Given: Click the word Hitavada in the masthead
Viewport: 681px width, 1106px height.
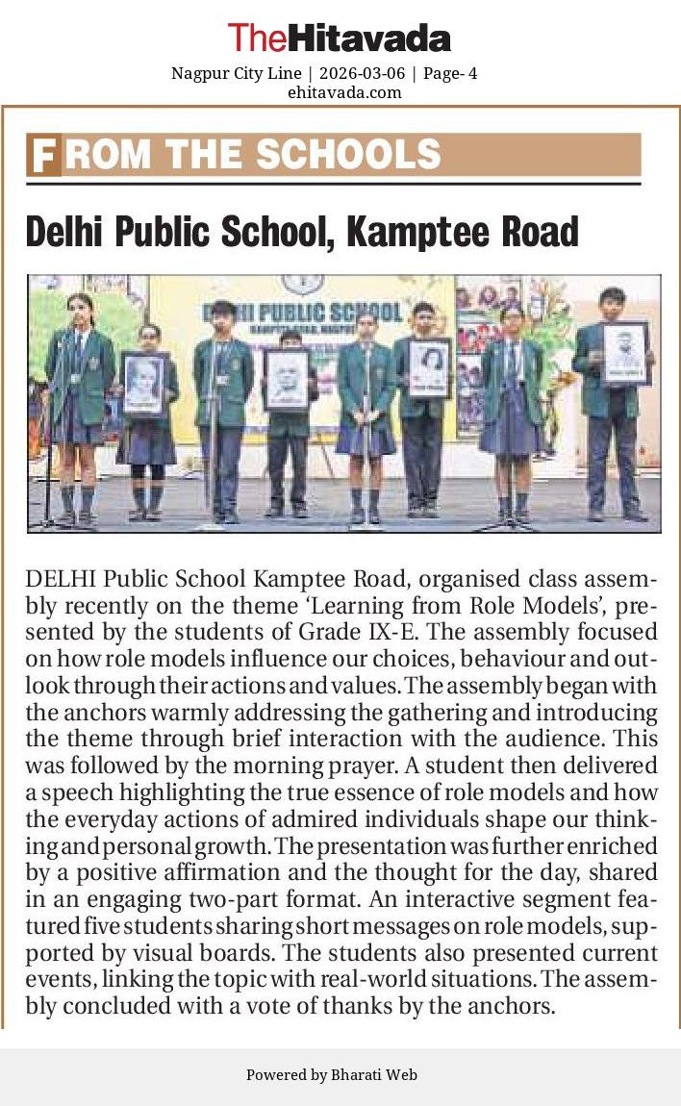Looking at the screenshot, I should (369, 38).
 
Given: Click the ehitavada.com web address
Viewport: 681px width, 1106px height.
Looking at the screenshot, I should (344, 92).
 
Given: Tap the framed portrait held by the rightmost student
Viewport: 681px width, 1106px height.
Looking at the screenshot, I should (625, 353).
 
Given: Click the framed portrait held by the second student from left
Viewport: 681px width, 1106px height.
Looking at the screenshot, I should (143, 384).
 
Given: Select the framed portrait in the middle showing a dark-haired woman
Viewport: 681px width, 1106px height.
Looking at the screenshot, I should (428, 368).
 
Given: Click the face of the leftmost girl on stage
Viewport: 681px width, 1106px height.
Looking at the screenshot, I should (81, 310).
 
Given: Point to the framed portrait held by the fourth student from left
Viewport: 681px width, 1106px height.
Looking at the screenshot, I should (287, 379).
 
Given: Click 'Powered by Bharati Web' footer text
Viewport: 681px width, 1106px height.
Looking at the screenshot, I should (332, 1075).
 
